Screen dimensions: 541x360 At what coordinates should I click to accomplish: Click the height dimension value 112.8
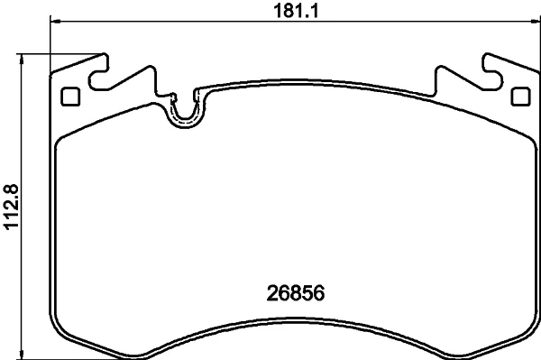(x=11, y=207)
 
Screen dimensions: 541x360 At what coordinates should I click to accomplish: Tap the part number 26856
(x=296, y=293)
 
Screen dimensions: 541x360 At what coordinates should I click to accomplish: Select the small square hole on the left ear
(x=70, y=97)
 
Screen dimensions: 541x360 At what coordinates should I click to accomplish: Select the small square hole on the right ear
(x=520, y=97)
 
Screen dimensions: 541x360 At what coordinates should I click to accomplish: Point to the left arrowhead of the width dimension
(x=56, y=22)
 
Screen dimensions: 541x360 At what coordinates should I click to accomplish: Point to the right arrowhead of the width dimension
(x=536, y=22)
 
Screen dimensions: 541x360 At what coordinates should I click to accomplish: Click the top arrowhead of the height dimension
(x=22, y=59)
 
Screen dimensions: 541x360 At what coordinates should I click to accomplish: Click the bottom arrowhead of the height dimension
(x=22, y=354)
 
